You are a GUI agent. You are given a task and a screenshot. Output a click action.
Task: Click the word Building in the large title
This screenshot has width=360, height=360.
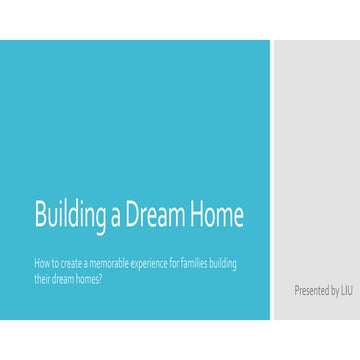point(68,215)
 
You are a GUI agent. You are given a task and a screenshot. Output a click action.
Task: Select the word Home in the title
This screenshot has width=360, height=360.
point(220,215)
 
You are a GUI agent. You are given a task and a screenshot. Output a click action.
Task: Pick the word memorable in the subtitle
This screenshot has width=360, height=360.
point(107,263)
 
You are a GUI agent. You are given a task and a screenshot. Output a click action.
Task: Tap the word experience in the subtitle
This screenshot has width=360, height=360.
point(149,263)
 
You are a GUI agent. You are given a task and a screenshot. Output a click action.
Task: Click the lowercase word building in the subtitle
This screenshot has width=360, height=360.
point(232,263)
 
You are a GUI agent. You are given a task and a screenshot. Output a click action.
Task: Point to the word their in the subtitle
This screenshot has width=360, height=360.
point(41,277)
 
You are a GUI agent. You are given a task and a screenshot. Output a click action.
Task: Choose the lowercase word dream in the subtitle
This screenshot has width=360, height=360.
point(63,277)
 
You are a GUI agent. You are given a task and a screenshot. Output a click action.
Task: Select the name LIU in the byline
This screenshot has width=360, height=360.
point(346,291)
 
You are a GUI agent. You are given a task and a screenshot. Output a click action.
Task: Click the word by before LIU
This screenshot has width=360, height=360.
point(333,291)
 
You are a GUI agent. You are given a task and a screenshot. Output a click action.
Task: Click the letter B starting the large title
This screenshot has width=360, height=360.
point(39,215)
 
